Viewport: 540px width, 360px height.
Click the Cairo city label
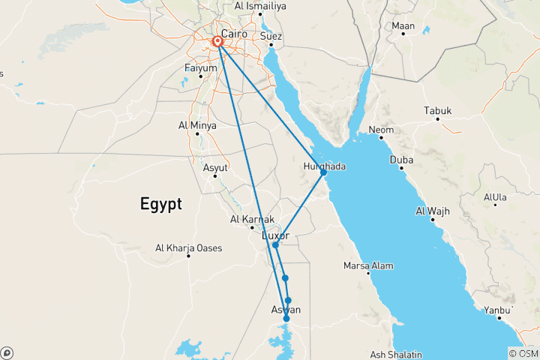coord(235,34)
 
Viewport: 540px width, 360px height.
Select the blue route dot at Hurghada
coord(323,172)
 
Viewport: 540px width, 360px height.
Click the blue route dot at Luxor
coord(275,245)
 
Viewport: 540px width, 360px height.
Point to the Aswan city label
coord(285,310)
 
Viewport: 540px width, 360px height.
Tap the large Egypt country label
coord(160,203)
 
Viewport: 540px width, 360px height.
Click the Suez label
coord(271,36)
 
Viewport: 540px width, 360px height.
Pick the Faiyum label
coord(200,68)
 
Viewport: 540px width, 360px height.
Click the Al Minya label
coord(197,125)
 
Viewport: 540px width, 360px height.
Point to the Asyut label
coord(215,167)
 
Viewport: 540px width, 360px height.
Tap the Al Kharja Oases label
coord(188,247)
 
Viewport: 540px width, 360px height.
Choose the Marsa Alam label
coord(368,265)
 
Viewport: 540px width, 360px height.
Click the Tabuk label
coord(438,111)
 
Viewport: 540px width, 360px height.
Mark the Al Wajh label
coord(433,211)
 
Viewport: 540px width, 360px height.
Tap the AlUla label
coord(496,198)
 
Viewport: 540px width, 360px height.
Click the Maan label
coord(403,26)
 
